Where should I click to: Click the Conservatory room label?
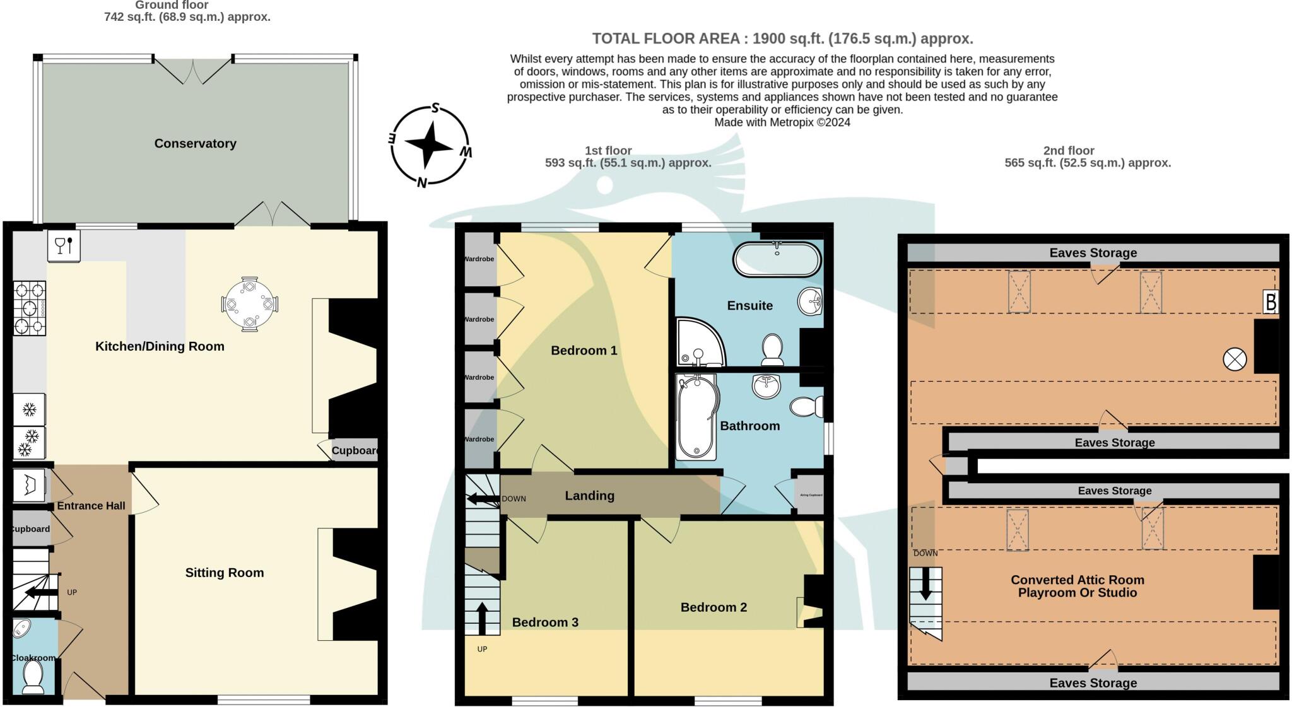pyautogui.click(x=195, y=143)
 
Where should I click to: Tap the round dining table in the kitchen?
pyautogui.click(x=250, y=304)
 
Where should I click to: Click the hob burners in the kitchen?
pyautogui.click(x=29, y=308)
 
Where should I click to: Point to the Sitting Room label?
pyautogui.click(x=224, y=573)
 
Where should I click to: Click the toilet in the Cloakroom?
pyautogui.click(x=32, y=677)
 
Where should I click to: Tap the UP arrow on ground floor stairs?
pyautogui.click(x=41, y=592)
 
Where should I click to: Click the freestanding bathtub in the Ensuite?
pyautogui.click(x=777, y=259)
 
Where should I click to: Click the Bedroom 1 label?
pyautogui.click(x=584, y=350)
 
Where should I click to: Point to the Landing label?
pyautogui.click(x=589, y=496)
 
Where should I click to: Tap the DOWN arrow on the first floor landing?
pyautogui.click(x=483, y=499)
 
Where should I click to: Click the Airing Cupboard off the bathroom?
pyautogui.click(x=811, y=495)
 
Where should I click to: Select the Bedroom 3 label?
pyautogui.click(x=544, y=622)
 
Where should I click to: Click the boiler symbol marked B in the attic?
pyautogui.click(x=1271, y=302)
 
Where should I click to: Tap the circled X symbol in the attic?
pyautogui.click(x=1235, y=359)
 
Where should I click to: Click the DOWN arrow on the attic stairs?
pyautogui.click(x=925, y=584)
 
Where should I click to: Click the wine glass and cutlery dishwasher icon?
pyautogui.click(x=64, y=245)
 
